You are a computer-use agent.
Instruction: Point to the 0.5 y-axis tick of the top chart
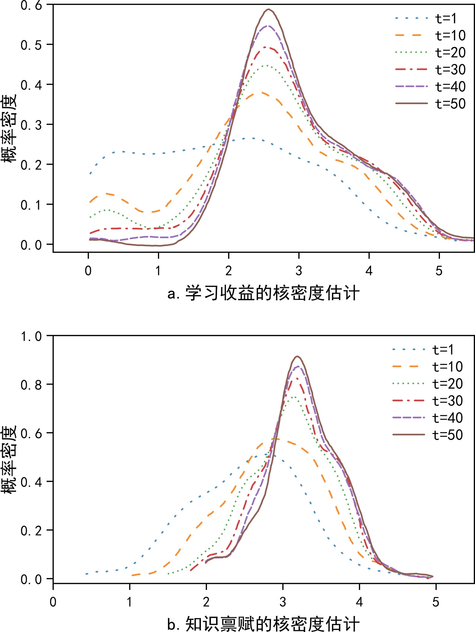point(31,45)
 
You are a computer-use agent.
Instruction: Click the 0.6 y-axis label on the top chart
point(31,5)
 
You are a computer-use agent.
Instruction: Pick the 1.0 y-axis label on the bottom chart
point(31,336)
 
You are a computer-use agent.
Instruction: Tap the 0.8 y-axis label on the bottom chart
point(31,385)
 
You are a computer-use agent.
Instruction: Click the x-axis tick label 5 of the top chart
point(439,271)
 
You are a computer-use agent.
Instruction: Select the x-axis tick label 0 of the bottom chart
point(53,602)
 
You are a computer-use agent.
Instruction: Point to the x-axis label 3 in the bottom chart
point(283,602)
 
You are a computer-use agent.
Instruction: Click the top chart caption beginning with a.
point(263,293)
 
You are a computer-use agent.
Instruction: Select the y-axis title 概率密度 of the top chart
point(9,128)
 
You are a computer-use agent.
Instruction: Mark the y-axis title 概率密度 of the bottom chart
point(9,459)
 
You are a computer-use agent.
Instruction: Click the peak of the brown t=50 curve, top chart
point(269,9)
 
